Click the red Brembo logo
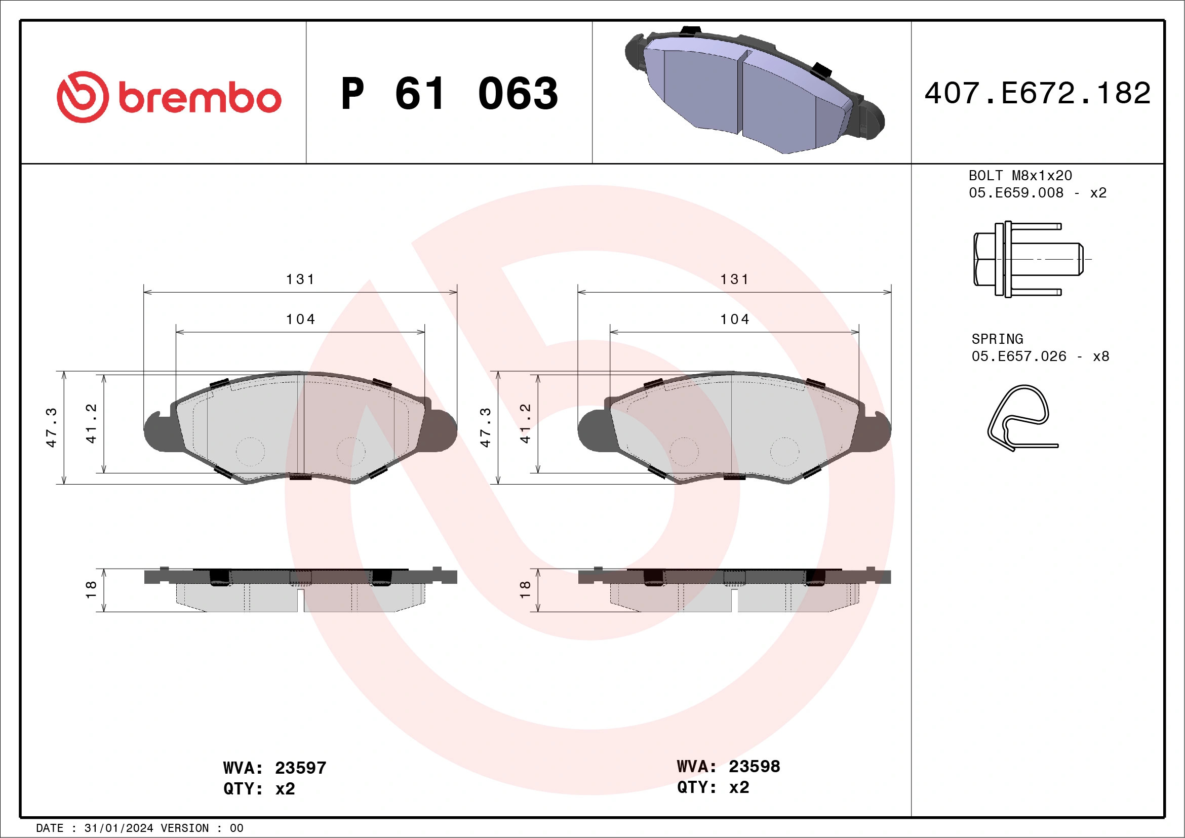coord(169,97)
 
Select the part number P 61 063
coord(450,93)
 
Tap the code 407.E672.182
coord(1038,93)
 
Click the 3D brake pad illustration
coord(755,90)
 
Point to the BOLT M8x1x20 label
coord(1020,175)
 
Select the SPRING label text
coord(997,339)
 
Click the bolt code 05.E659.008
coord(1016,192)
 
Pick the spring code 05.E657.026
coord(1019,356)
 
